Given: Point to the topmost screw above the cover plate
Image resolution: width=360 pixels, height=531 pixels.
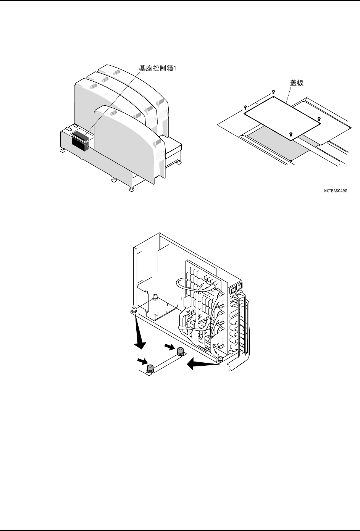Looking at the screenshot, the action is (273, 92).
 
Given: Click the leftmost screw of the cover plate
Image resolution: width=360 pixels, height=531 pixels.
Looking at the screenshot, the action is (245, 108).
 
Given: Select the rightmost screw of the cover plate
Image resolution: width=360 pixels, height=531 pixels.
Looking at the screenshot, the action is (319, 119).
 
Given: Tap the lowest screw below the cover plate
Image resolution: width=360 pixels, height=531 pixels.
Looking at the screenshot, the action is (291, 134).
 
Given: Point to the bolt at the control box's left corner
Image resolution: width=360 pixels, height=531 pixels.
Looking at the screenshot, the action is (134, 309).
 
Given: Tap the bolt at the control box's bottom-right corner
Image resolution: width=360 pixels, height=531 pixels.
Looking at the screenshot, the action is (220, 358).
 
